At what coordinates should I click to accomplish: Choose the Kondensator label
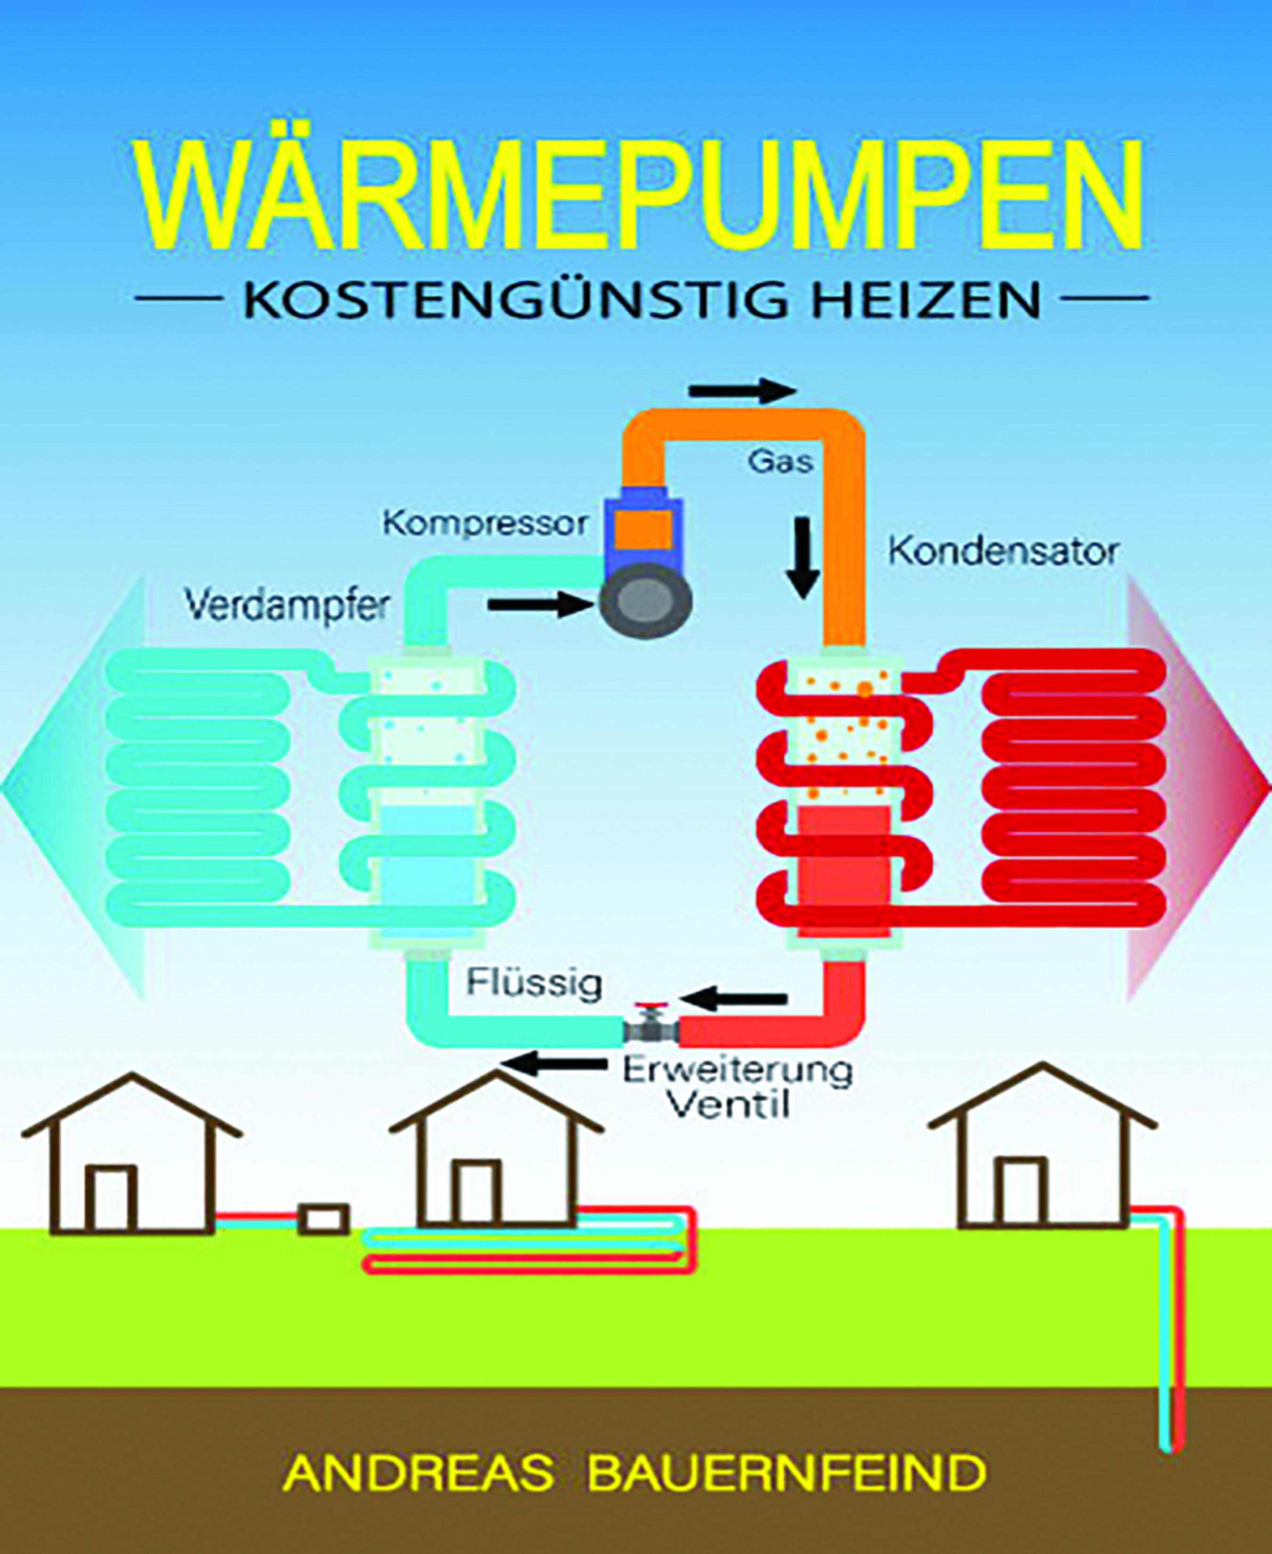coord(1003,552)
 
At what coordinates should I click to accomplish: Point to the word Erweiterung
coord(737,1070)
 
